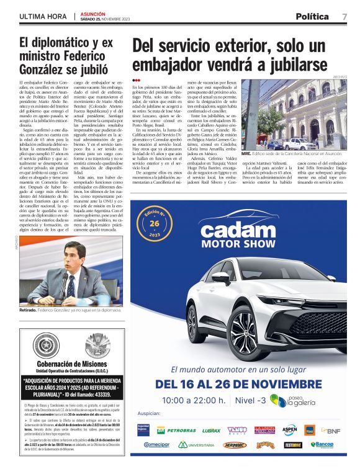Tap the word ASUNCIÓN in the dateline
coord(91,13)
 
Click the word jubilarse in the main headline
coord(288,65)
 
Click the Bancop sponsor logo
coord(322,445)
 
